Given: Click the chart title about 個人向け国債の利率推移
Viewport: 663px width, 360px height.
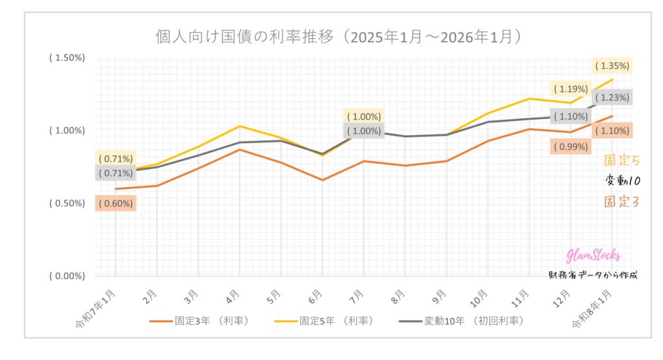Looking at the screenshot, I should pos(339,36).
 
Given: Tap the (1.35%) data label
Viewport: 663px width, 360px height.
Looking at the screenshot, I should pos(612,65).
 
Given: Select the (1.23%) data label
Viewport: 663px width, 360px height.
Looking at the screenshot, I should pos(612,97).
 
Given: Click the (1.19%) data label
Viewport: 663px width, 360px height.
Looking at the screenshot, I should pos(570,89).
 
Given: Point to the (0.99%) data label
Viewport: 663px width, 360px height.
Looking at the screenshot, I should pos(570,146).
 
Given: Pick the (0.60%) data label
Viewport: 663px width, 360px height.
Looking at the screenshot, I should pos(116,203).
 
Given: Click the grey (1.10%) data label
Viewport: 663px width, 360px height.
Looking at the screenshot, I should pos(570,117).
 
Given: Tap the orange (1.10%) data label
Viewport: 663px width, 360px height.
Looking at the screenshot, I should pos(612,130).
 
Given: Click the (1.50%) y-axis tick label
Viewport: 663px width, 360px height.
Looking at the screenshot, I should pos(67,58).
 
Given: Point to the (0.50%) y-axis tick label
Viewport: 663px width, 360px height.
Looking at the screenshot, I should pos(67,203).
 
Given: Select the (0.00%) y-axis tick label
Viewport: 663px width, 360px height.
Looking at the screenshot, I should pos(67,276).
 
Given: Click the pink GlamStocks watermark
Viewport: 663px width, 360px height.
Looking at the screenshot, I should pos(593,256).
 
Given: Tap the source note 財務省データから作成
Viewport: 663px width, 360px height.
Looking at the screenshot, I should pos(592,275).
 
